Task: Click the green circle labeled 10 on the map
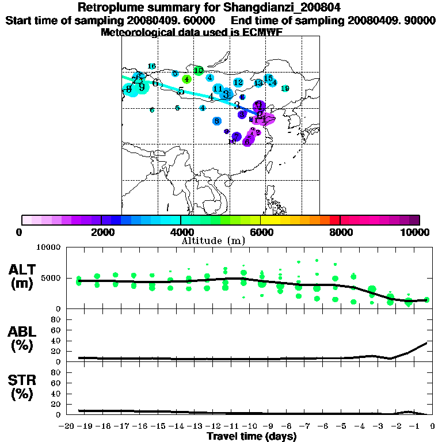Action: (199, 71)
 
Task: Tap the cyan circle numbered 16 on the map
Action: (152, 67)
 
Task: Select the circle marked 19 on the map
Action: (285, 88)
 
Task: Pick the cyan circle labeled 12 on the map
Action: (238, 83)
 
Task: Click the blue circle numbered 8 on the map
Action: (216, 121)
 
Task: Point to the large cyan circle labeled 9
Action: (142, 87)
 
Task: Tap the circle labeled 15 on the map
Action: (268, 78)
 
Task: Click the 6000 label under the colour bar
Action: (261, 232)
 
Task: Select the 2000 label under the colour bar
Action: (101, 232)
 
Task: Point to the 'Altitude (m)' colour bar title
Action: (213, 241)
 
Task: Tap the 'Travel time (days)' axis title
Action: (252, 437)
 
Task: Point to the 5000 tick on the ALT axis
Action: (52, 278)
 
